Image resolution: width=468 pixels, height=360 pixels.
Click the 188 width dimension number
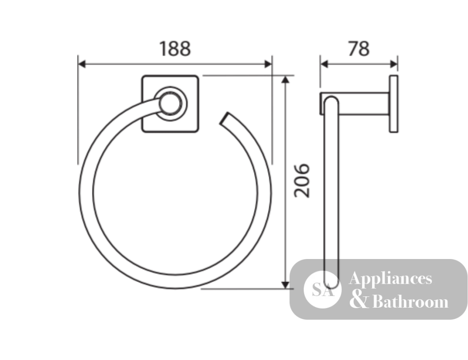pos(175,49)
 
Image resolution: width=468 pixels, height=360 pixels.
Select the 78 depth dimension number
pos(359,49)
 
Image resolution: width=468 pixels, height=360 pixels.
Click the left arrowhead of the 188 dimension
pos(82,64)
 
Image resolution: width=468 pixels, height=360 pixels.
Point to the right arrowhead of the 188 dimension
pos(268,64)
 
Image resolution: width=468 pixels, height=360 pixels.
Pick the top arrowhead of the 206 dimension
pos(285,79)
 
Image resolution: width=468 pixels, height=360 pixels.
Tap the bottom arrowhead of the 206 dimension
pos(285,285)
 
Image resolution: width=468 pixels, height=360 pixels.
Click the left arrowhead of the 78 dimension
pos(324,64)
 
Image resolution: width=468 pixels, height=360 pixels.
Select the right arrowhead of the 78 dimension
pos(394,64)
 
